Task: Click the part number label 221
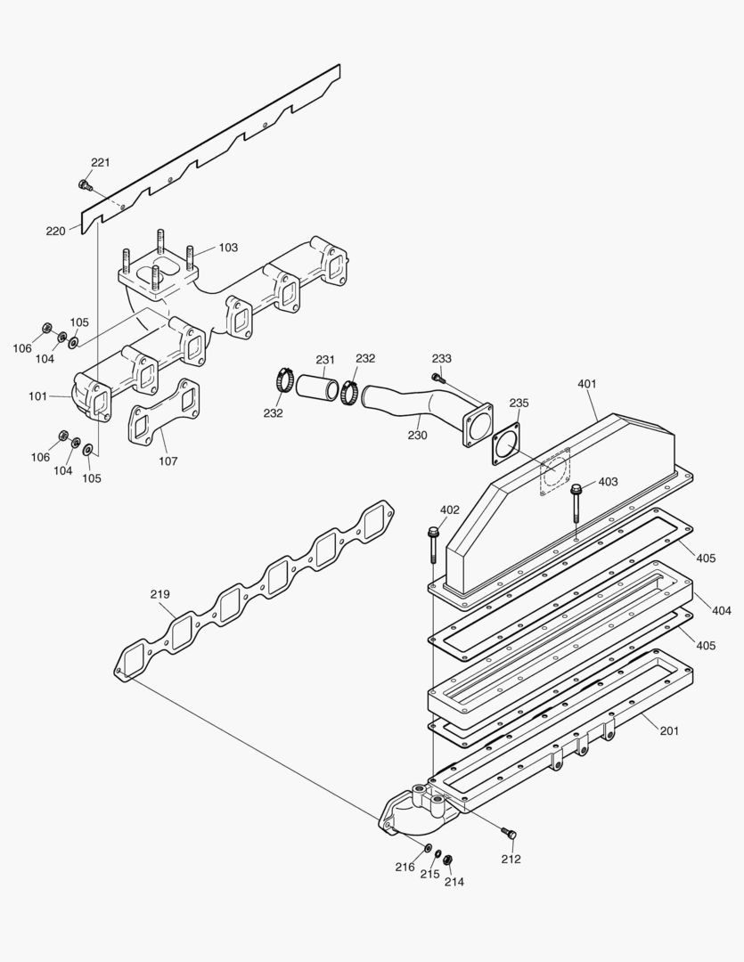tap(100, 162)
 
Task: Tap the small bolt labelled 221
tap(85, 185)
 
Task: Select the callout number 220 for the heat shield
tap(55, 231)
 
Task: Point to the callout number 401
tap(586, 384)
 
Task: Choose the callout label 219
tap(160, 593)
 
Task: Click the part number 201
tap(669, 730)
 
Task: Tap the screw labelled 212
tap(509, 834)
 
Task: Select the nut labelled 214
tap(448, 859)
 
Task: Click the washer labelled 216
tap(429, 846)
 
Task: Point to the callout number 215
tap(430, 875)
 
